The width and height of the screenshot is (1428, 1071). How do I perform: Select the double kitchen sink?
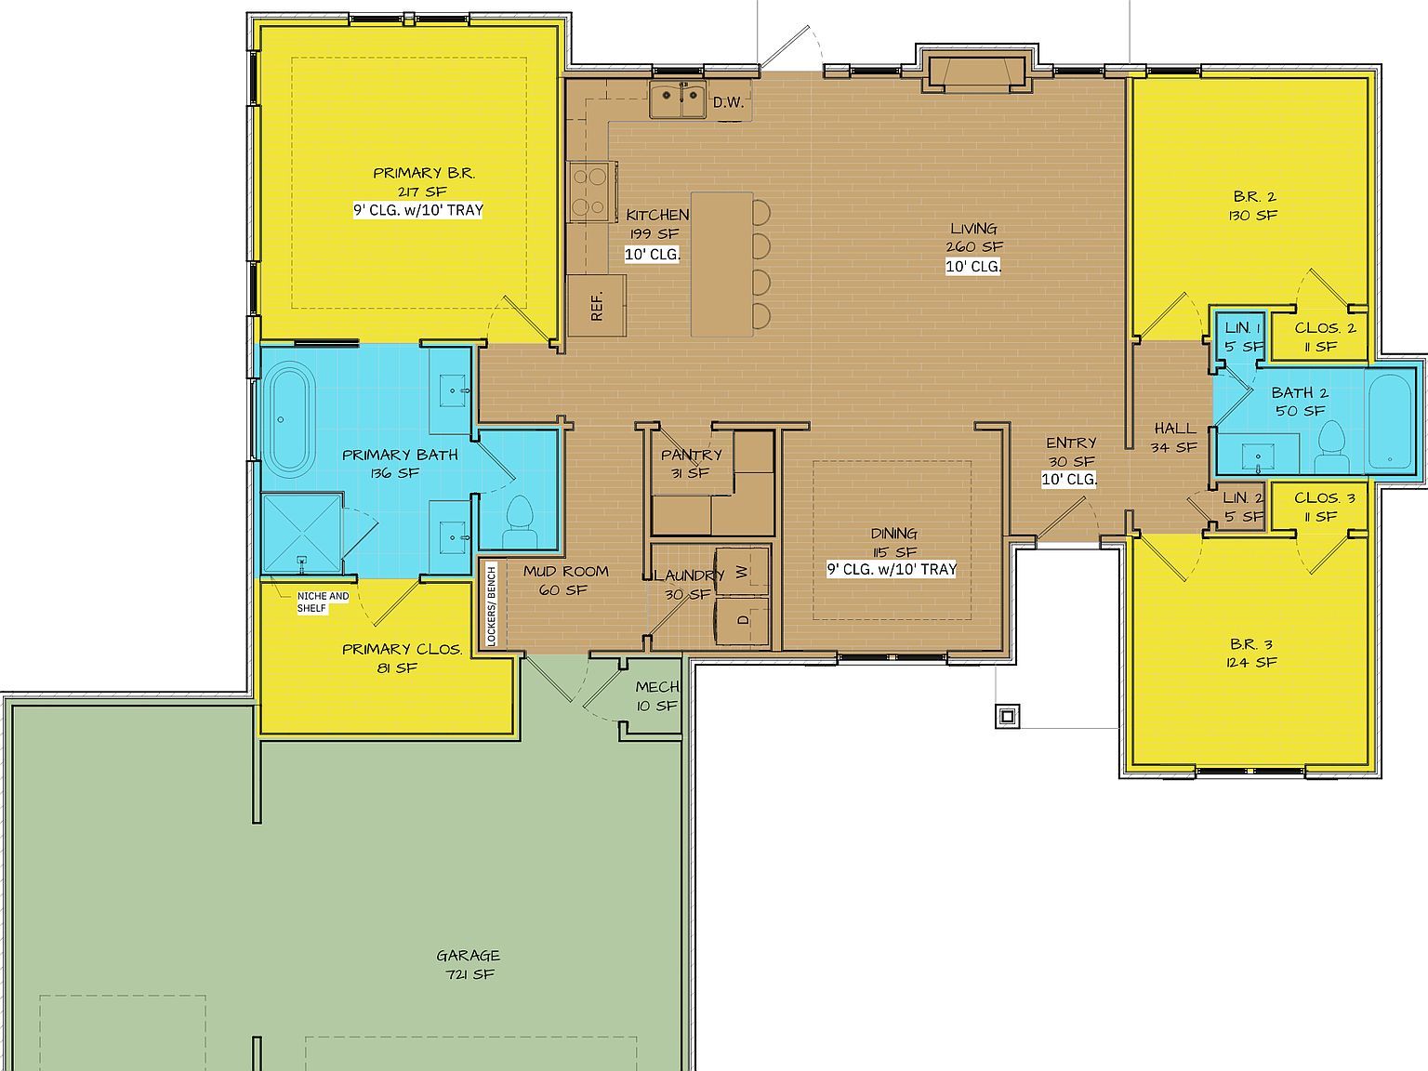coord(677,100)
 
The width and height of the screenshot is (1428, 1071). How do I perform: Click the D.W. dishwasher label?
coord(729,102)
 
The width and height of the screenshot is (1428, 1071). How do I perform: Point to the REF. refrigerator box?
coord(596,305)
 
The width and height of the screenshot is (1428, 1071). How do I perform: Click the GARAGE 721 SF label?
coord(469,964)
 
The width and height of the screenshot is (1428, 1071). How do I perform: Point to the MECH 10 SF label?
coord(657,696)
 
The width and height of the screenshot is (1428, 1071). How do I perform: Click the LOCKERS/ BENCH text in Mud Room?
coord(492,604)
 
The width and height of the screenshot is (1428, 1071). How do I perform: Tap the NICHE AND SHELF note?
coord(322,602)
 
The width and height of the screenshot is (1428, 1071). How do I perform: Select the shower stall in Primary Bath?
coord(301,534)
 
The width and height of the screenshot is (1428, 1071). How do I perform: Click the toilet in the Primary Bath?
coord(517,522)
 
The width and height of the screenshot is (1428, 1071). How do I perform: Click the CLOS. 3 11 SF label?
coord(1324,507)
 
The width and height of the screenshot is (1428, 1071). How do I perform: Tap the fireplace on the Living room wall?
coord(974,73)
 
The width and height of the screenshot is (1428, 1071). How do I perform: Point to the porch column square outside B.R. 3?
coord(1007,716)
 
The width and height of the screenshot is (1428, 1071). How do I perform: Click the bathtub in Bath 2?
coord(1392,419)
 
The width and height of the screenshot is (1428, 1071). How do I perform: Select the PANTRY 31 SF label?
coord(691,463)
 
